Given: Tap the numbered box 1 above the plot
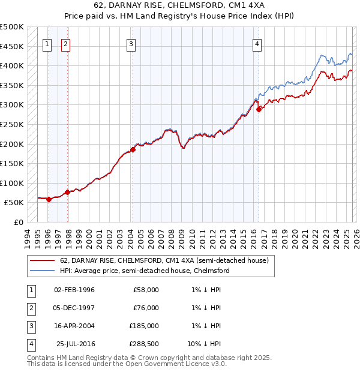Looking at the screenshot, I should coord(47,43).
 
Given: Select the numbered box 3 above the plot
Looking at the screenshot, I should coord(131,43).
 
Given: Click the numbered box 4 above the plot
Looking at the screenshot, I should coord(257,43).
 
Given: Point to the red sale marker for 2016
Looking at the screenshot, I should coord(258,109).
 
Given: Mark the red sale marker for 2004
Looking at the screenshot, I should coord(133,150).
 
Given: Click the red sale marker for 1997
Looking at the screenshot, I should coord(67,192).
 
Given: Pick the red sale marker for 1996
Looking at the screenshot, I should coord(49,200).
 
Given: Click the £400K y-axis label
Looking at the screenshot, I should coord(12,65).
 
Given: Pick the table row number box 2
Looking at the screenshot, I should coord(29,308).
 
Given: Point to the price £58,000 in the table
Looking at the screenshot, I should coord(146,290).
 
